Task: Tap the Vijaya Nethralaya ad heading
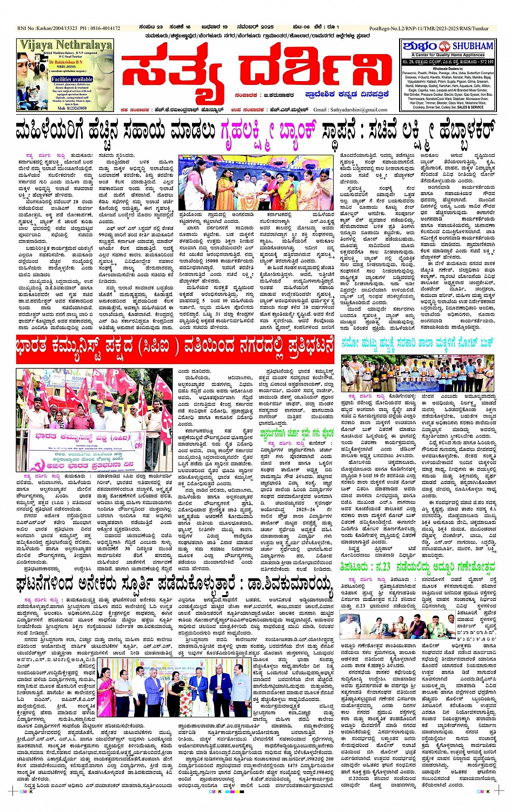(65, 45)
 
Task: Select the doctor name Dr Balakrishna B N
(67, 63)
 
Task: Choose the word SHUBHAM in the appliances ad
(473, 46)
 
